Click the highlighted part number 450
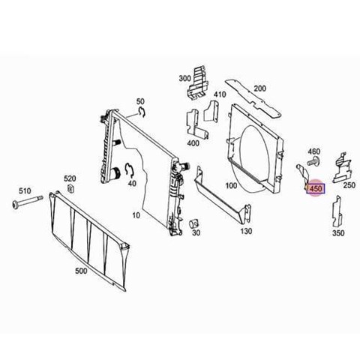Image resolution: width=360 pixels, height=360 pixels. pyautogui.click(x=316, y=188)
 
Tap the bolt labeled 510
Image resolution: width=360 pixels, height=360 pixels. pyautogui.click(x=27, y=202)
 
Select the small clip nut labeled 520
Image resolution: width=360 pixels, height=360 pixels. pyautogui.click(x=71, y=188)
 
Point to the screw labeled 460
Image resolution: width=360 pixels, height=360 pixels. pyautogui.click(x=312, y=161)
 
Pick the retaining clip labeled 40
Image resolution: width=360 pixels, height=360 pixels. pyautogui.click(x=130, y=170)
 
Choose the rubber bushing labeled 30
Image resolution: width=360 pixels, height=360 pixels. pyautogui.click(x=193, y=223)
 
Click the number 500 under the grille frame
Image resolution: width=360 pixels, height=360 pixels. pyautogui.click(x=81, y=271)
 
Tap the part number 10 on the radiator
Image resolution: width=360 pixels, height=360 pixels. pyautogui.click(x=136, y=215)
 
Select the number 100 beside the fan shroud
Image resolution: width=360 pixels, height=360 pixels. pyautogui.click(x=231, y=185)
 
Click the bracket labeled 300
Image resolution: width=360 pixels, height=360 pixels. pyautogui.click(x=197, y=83)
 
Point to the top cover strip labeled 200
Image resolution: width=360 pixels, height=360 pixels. pyautogui.click(x=253, y=99)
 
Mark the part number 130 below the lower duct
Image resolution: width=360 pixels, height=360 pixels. pyautogui.click(x=246, y=231)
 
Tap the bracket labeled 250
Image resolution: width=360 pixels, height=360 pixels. pyautogui.click(x=342, y=167)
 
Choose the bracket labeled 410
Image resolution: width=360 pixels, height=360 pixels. pyautogui.click(x=212, y=111)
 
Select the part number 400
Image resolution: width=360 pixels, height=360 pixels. pyautogui.click(x=193, y=143)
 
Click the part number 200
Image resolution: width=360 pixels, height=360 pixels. pyautogui.click(x=260, y=88)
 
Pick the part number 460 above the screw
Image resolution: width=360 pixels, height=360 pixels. pyautogui.click(x=313, y=151)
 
